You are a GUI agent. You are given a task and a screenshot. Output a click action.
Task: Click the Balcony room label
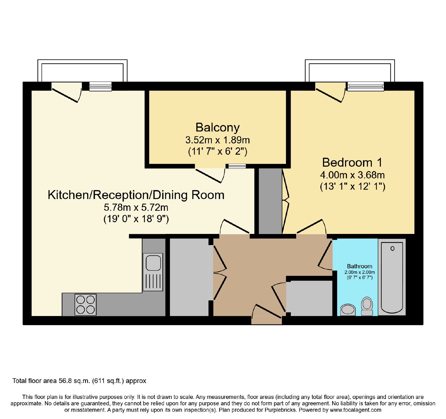[217, 128]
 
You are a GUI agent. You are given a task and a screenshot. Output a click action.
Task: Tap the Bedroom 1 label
[352, 162]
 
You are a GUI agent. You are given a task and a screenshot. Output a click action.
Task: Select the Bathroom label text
[359, 266]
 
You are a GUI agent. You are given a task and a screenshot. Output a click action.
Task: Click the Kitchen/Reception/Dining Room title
[136, 195]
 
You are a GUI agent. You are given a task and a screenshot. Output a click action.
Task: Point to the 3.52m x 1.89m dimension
[217, 140]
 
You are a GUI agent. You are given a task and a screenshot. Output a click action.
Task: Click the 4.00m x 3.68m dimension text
[352, 175]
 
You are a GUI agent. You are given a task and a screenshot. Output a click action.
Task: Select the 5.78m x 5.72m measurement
[136, 207]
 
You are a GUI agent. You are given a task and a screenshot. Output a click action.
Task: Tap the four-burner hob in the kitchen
[86, 305]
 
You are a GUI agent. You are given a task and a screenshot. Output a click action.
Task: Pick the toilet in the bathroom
[367, 306]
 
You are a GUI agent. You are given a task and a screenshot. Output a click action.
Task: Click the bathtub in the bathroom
[392, 277]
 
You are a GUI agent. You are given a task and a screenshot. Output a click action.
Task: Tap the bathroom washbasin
[348, 310]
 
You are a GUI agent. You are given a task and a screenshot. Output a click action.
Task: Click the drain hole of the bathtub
[392, 248]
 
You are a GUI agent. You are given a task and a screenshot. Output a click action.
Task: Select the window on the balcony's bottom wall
[237, 166]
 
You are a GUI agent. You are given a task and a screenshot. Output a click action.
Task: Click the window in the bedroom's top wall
[365, 86]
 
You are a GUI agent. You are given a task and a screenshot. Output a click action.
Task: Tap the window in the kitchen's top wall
[100, 86]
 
